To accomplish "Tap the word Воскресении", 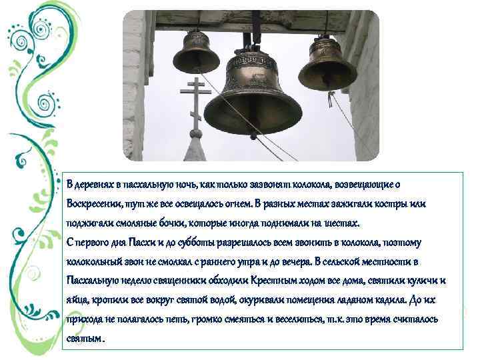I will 94,203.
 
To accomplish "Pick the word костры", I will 398,203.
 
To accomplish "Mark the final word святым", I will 85,338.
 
